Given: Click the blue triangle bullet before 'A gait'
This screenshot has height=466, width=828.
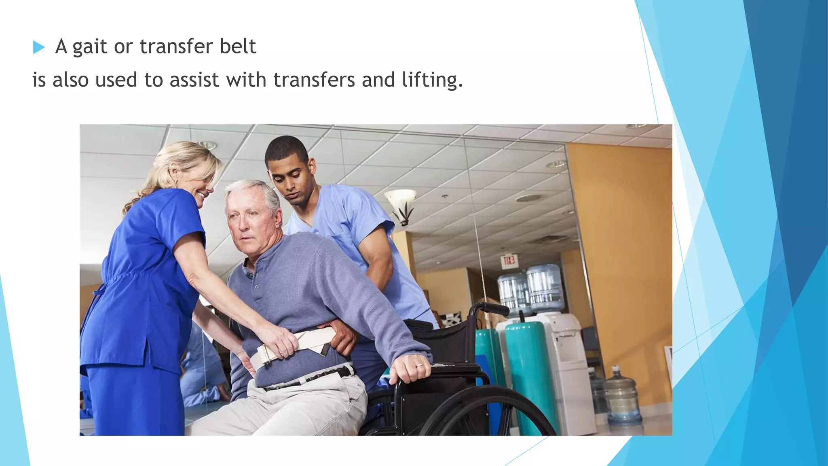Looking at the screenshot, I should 39,47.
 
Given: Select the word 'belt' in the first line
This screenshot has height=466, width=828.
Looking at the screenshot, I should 238,46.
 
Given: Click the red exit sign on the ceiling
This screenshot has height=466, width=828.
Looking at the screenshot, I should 509,260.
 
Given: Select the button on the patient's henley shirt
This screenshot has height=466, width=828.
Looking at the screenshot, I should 256,287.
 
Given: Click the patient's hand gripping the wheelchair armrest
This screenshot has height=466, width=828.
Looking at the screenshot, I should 410,367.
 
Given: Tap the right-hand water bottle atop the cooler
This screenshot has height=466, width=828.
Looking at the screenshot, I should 545,287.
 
